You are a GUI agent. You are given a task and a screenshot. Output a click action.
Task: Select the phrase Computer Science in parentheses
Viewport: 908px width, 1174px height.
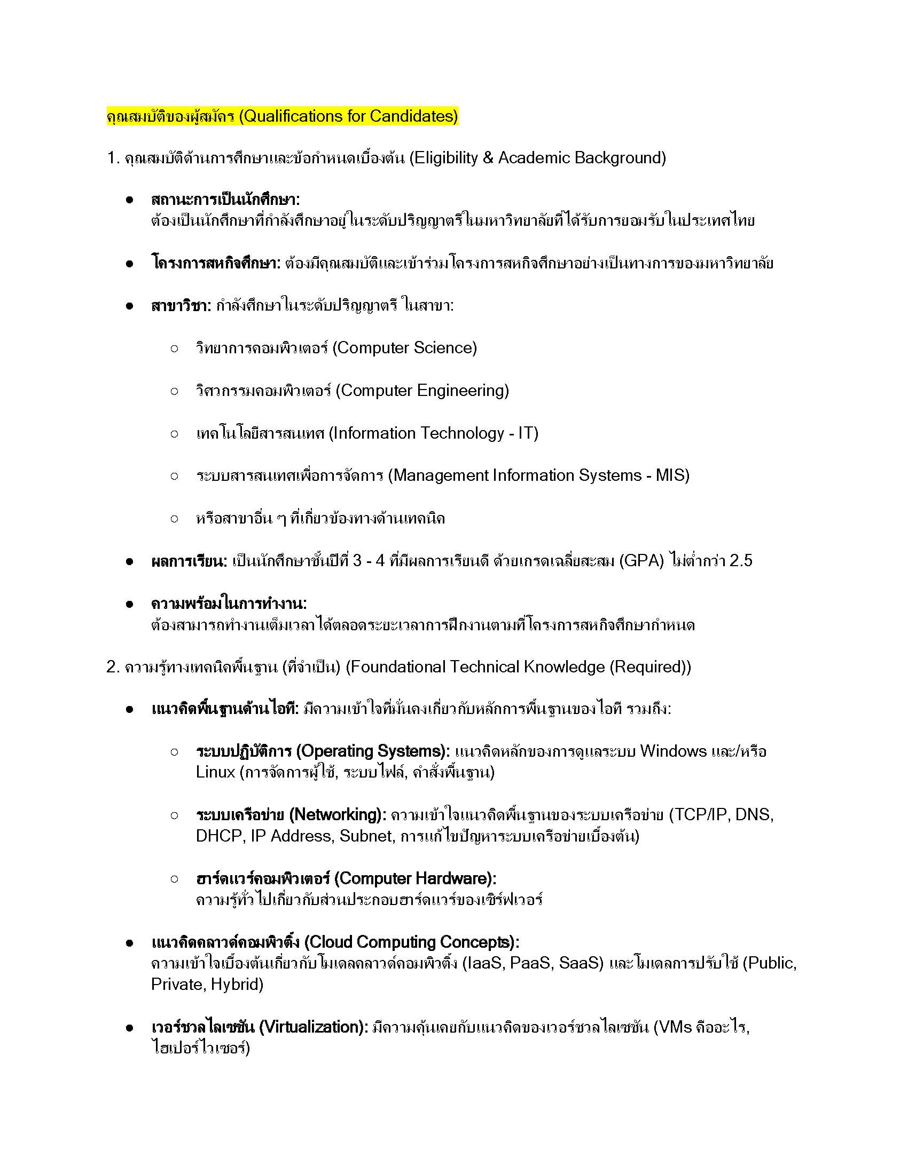(404, 348)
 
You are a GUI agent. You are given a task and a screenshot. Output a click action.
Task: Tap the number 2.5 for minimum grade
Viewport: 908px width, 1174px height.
(741, 561)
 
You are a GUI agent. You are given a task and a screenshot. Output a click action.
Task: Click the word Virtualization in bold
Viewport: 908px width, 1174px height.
(312, 1027)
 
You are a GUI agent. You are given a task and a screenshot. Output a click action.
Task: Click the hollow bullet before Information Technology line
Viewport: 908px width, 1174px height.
(174, 433)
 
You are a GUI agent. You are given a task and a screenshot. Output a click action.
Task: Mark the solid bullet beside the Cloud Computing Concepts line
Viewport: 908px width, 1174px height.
(129, 943)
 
